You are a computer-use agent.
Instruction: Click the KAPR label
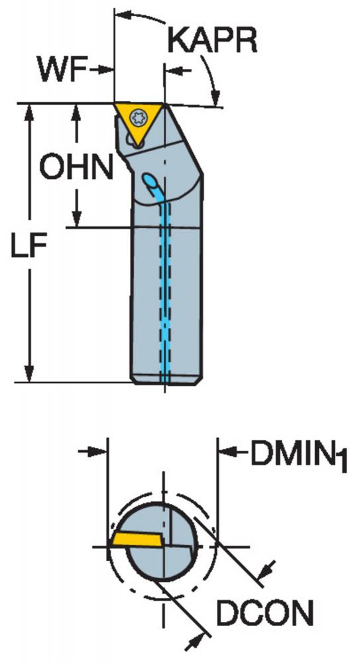pos(212,41)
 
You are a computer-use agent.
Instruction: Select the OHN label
pos(76,167)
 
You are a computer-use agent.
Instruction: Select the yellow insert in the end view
pos(137,540)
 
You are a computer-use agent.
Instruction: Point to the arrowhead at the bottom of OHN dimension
pos(76,218)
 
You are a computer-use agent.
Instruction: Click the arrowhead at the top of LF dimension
pos(29,113)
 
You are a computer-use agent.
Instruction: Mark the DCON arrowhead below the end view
pos(192,645)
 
